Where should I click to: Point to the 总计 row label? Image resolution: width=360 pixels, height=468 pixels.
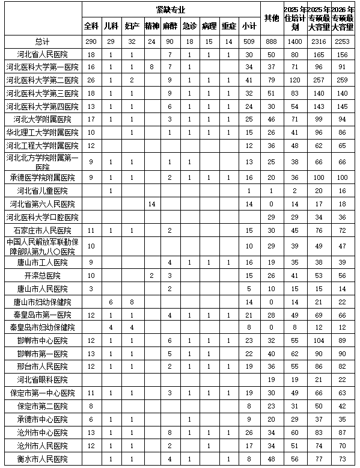click(x=42, y=41)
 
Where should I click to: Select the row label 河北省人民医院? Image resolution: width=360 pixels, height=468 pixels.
click(x=42, y=54)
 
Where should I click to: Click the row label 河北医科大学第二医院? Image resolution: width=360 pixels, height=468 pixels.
click(x=42, y=80)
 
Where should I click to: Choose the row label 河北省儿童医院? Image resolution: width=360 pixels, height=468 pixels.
click(x=42, y=191)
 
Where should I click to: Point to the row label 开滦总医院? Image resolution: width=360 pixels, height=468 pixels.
click(x=42, y=276)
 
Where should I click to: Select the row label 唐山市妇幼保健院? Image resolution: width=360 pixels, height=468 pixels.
click(x=42, y=301)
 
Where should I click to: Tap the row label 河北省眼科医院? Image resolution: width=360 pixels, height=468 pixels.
click(x=42, y=380)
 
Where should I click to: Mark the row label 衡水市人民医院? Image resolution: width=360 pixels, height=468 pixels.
click(x=42, y=460)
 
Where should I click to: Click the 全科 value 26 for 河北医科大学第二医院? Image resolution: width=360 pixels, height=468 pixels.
click(x=91, y=80)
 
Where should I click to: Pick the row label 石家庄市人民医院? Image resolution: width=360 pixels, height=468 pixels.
click(x=42, y=230)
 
